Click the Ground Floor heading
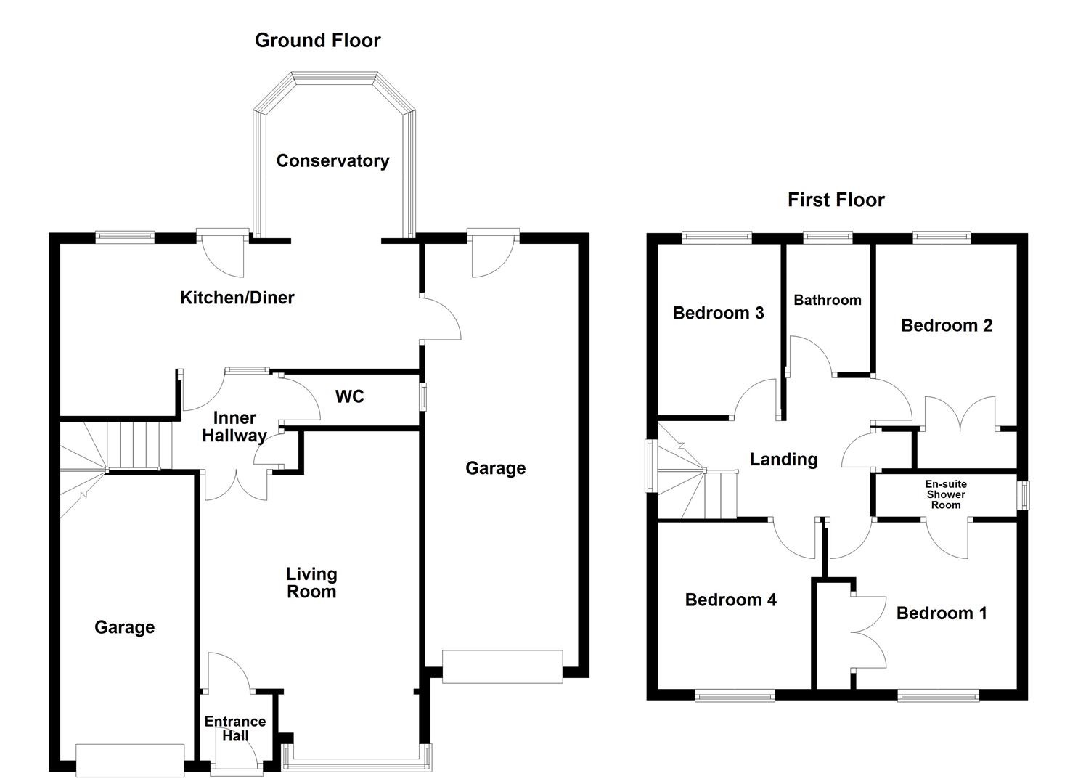click(317, 41)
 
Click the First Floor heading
click(836, 200)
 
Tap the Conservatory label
click(332, 160)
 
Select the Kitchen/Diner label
click(237, 297)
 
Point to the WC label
click(349, 396)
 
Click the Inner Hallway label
click(234, 427)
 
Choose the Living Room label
click(311, 583)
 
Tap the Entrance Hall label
click(234, 728)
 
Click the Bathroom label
click(827, 300)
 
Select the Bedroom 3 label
click(718, 313)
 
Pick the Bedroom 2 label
click(946, 325)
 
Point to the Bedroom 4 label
click(730, 600)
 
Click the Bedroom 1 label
click(941, 613)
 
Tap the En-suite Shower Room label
click(945, 494)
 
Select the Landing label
click(783, 459)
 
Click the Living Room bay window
click(356, 761)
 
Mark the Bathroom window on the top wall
click(828, 236)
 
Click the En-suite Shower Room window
click(1024, 495)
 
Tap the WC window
click(423, 397)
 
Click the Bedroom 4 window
click(735, 697)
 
